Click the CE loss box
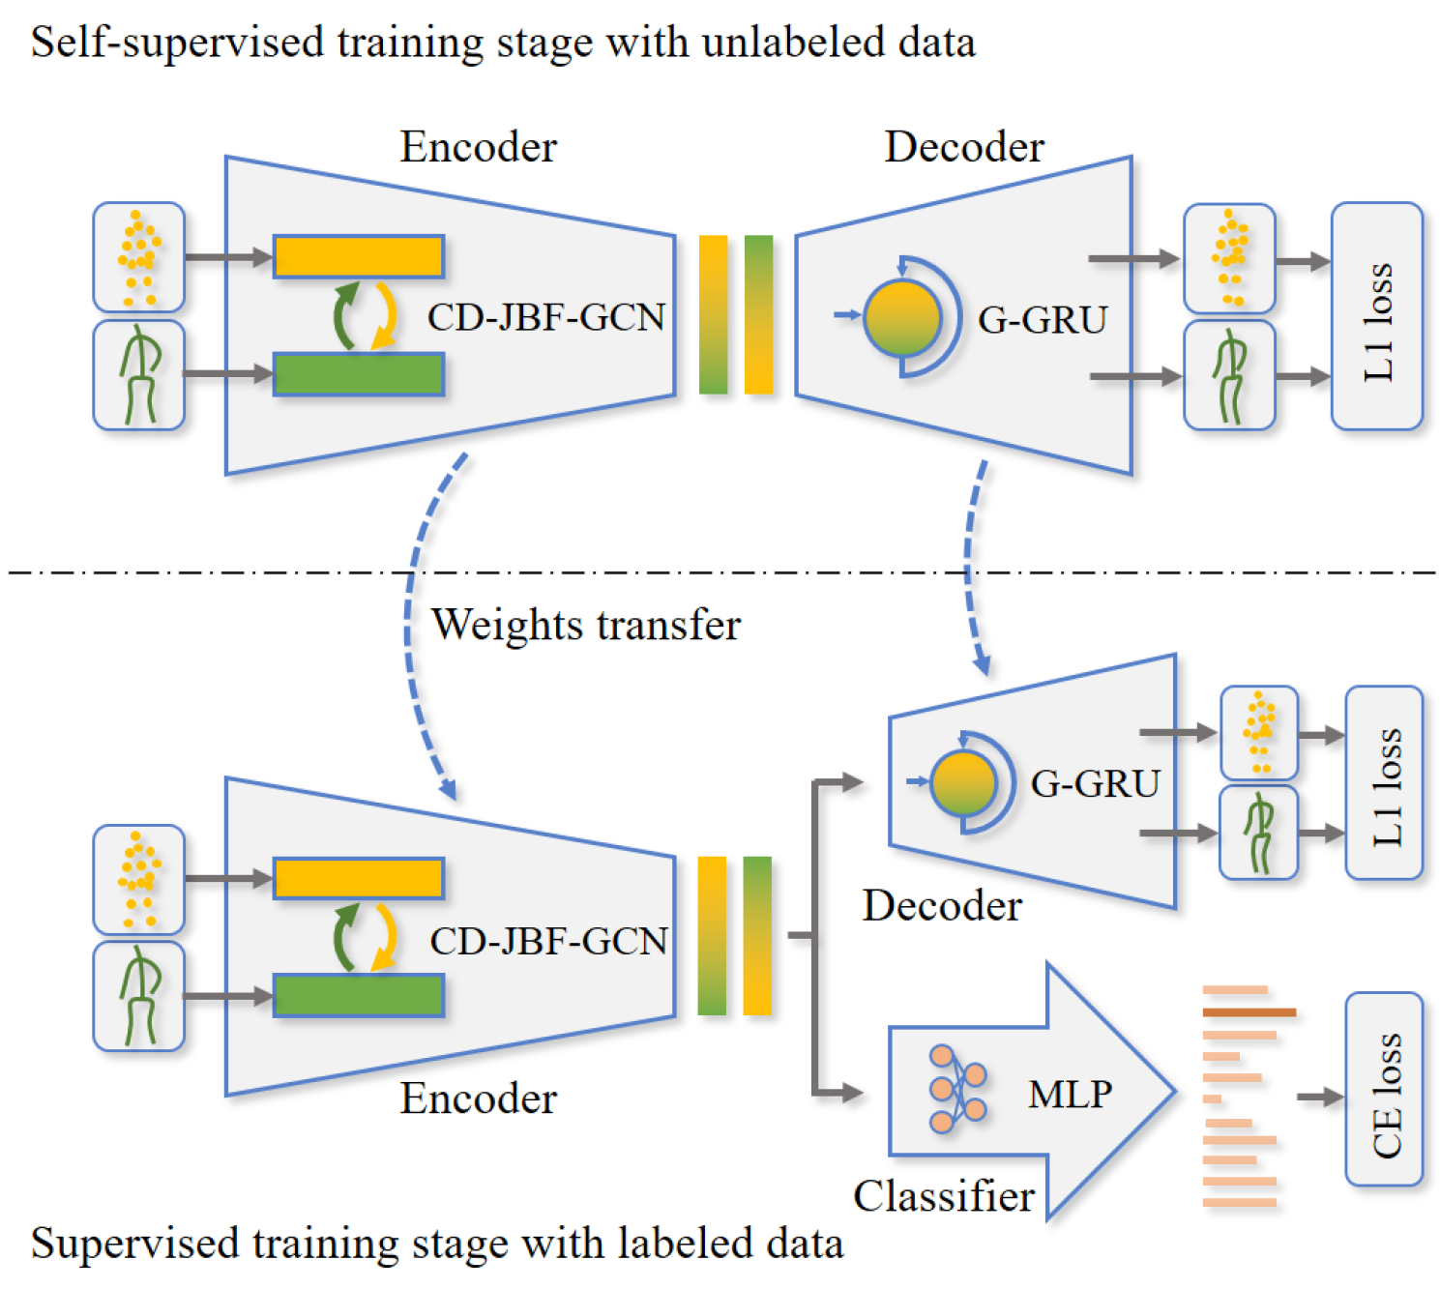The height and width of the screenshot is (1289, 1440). pyautogui.click(x=1384, y=1089)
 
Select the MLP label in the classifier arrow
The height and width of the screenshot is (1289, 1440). pyautogui.click(x=1070, y=1094)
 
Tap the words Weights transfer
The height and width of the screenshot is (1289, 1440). pyautogui.click(x=585, y=625)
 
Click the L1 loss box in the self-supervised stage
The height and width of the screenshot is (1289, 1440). pyautogui.click(x=1376, y=316)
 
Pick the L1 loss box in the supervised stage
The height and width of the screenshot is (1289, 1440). pyautogui.click(x=1384, y=783)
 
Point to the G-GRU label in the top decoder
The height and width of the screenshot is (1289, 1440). pyautogui.click(x=1042, y=320)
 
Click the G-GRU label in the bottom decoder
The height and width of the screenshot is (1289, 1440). pyautogui.click(x=1095, y=783)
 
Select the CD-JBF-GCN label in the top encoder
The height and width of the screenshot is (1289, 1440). pyautogui.click(x=546, y=317)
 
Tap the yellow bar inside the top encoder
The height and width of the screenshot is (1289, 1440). pyautogui.click(x=359, y=257)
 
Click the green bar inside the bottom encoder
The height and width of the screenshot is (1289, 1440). pyautogui.click(x=359, y=995)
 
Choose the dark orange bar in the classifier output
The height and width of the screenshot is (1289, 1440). pyautogui.click(x=1249, y=1012)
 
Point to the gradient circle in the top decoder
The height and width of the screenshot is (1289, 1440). pyautogui.click(x=902, y=317)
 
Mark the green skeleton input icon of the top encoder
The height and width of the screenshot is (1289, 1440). pyautogui.click(x=139, y=375)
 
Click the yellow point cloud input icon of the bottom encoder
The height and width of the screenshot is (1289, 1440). pyautogui.click(x=139, y=879)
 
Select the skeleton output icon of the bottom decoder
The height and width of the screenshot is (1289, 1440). pyautogui.click(x=1258, y=833)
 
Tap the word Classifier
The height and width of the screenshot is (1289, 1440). pyautogui.click(x=943, y=1197)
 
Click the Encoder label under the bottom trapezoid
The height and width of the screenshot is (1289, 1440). pyautogui.click(x=478, y=1099)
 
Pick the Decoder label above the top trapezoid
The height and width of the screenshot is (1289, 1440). pyautogui.click(x=964, y=147)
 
